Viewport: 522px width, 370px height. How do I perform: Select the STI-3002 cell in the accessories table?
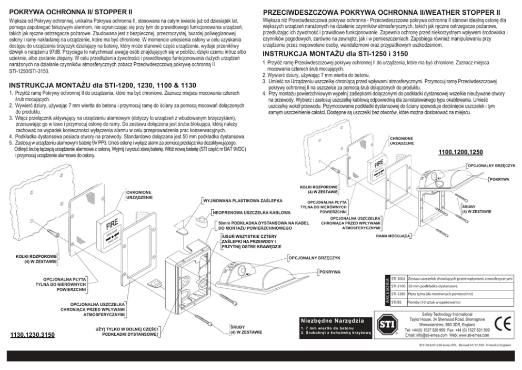[x=398, y=278]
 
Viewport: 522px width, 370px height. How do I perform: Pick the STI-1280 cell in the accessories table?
[x=398, y=294]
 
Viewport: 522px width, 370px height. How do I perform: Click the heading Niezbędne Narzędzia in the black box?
[x=331, y=320]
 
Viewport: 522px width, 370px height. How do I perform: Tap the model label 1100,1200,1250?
[x=460, y=152]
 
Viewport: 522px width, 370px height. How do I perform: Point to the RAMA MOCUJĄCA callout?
[x=394, y=237]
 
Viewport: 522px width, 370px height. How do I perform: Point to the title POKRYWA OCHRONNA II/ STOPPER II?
[x=71, y=11]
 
